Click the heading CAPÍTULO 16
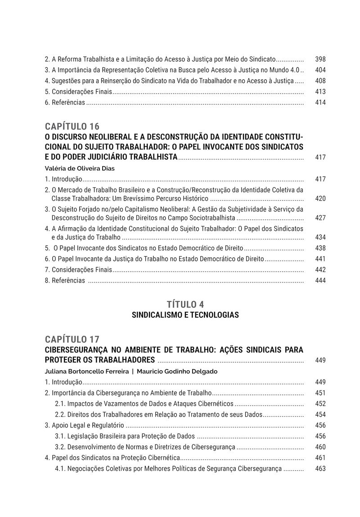pos(72,126)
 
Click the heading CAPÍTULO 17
pos(72,339)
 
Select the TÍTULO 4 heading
pos(185,304)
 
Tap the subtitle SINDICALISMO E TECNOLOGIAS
pos(185,315)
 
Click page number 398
pos(320,59)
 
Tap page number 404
pos(320,70)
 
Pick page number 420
pos(320,198)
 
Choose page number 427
pos(320,218)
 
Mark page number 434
pos(320,237)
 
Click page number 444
pos(320,280)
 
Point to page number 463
pos(320,468)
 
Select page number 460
pos(320,447)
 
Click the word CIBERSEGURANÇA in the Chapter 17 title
pos(74,350)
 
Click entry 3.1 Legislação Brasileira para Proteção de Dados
pos(126,436)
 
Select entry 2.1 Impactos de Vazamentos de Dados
pos(144,404)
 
